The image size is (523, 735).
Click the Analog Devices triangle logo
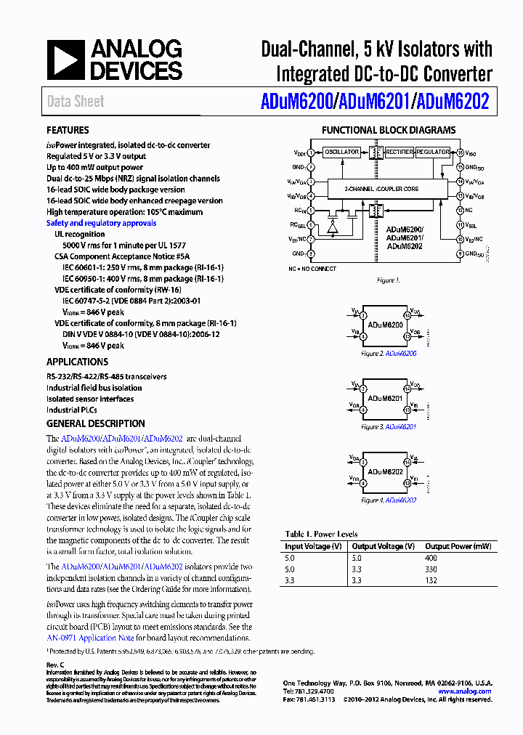point(66,60)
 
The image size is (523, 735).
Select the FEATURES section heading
point(68,130)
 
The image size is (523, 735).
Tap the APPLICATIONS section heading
point(77,362)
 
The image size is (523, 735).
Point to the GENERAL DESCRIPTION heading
point(95,423)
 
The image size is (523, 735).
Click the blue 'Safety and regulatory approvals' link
point(101,223)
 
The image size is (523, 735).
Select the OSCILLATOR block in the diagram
point(341,153)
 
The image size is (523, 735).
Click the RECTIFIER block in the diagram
point(400,153)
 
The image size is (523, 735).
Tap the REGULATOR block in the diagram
point(434,153)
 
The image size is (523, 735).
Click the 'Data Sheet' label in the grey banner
point(76,102)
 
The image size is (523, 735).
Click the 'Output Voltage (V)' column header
point(384,546)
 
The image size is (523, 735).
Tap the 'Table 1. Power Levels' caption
point(321,535)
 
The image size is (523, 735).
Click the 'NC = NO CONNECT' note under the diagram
point(312,269)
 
